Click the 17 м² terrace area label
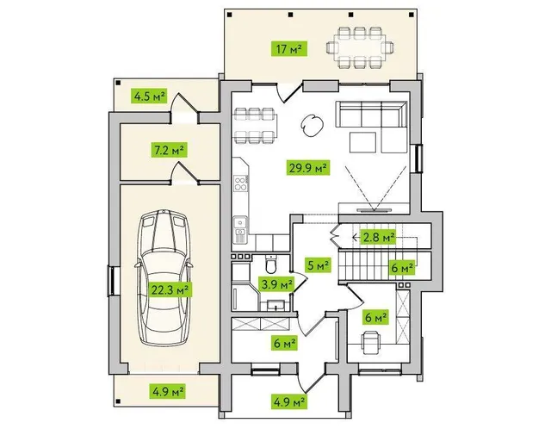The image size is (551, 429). pos(289,49)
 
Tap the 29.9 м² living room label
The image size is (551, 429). pos(308,167)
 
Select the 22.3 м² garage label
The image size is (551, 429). pos(170,289)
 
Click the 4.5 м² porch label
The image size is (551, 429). pos(149,96)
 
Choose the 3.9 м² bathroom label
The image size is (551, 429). pos(276,283)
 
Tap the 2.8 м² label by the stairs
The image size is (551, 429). pos(378,238)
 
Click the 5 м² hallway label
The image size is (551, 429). pos(319,265)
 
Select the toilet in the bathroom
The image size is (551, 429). pos(271,264)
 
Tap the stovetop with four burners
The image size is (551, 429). pos(240,183)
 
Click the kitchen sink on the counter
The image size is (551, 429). pos(241,226)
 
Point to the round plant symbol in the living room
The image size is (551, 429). pos(312,125)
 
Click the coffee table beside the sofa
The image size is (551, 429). pos(363,142)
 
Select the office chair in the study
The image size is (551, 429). pos(370,342)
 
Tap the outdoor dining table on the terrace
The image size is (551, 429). pos(360,47)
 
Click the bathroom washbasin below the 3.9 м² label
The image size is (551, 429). pos(275,306)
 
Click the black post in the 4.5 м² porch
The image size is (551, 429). pos(119,83)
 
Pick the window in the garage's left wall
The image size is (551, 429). pos(113,281)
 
